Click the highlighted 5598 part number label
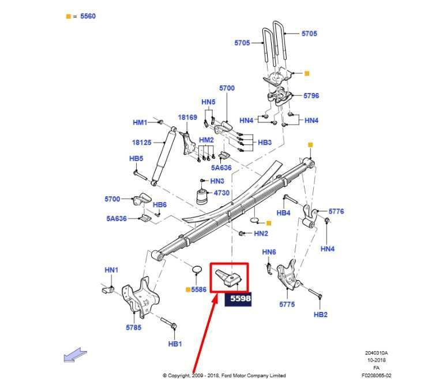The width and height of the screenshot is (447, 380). (x=239, y=299)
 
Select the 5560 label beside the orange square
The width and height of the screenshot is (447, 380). (x=88, y=16)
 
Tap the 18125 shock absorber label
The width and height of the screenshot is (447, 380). (x=141, y=142)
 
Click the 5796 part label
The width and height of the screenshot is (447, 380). (x=311, y=96)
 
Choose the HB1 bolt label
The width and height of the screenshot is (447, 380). (x=175, y=344)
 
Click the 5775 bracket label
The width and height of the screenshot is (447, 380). (x=287, y=304)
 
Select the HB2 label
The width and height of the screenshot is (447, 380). (x=321, y=314)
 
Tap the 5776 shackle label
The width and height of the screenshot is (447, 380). (x=336, y=211)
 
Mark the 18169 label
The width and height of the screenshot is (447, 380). (x=187, y=117)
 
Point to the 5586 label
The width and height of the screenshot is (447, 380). (x=199, y=289)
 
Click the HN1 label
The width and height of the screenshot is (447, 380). (x=111, y=270)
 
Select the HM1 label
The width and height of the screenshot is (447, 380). (x=140, y=122)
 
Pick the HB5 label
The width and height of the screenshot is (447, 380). (x=136, y=158)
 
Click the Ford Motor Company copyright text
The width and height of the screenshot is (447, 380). (x=224, y=375)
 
